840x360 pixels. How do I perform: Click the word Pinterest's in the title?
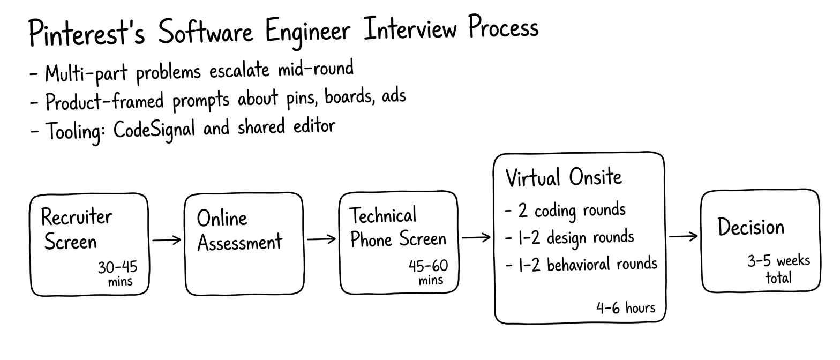pyautogui.click(x=87, y=33)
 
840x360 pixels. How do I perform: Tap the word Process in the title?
pyautogui.click(x=504, y=26)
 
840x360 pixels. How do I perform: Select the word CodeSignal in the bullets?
pyautogui.click(x=154, y=130)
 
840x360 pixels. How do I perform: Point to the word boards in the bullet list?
pyautogui.click(x=349, y=97)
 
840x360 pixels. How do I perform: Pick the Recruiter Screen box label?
pyautogui.click(x=77, y=228)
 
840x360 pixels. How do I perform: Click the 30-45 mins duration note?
pyautogui.click(x=118, y=274)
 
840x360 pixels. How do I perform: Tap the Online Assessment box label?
pyautogui.click(x=239, y=230)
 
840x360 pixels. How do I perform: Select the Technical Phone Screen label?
pyautogui.click(x=398, y=227)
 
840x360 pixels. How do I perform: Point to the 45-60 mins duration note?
pyautogui.click(x=428, y=272)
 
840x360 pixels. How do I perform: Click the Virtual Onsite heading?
pyautogui.click(x=564, y=177)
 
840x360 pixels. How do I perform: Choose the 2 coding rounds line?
pyautogui.click(x=565, y=211)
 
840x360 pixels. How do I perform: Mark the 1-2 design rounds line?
pyautogui.click(x=569, y=238)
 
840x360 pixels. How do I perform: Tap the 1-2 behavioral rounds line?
pyautogui.click(x=581, y=265)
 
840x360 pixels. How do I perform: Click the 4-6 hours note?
pyautogui.click(x=626, y=308)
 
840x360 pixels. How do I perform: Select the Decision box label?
pyautogui.click(x=751, y=227)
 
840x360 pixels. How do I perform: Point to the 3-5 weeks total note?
pyautogui.click(x=778, y=269)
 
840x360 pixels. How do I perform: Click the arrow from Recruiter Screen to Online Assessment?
pyautogui.click(x=167, y=240)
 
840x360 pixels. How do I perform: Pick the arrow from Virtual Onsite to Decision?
pyautogui.click(x=683, y=236)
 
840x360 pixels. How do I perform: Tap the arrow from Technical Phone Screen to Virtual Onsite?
pyautogui.click(x=476, y=237)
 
